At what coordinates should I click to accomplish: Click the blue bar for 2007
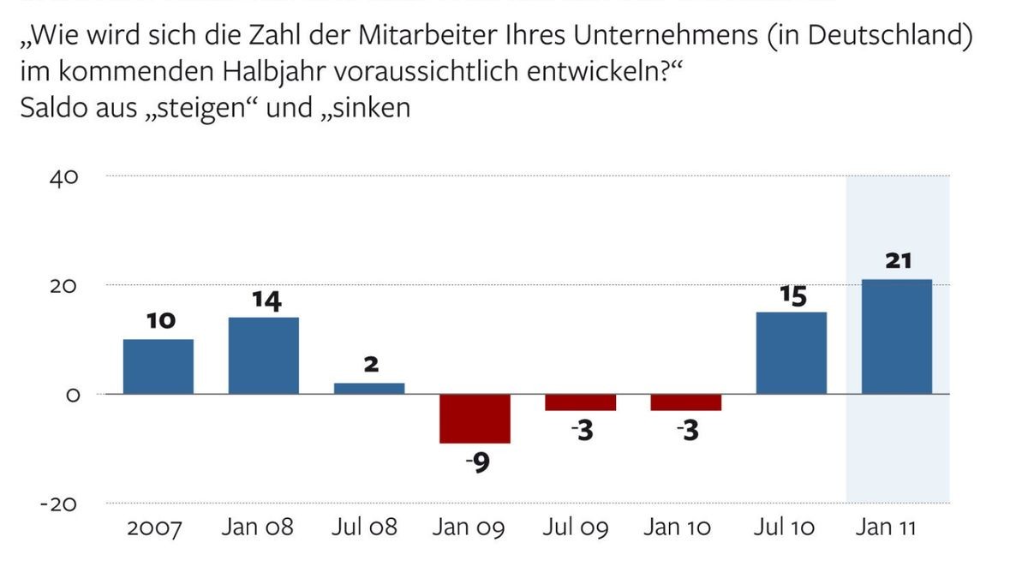coord(158,366)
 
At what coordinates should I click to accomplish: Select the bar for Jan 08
coord(264,355)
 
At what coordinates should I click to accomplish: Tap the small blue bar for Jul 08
coord(369,388)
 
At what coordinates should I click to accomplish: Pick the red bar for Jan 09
coord(475,419)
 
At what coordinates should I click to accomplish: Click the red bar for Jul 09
coord(580,402)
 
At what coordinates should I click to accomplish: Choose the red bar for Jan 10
coord(685,402)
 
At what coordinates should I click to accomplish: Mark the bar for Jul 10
coord(791,353)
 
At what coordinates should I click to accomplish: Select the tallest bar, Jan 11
coord(896,337)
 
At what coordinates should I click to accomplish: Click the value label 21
coord(897,261)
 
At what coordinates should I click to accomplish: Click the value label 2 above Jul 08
coord(370,364)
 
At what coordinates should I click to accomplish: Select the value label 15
coord(792,295)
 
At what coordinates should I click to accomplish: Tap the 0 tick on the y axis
coord(72,396)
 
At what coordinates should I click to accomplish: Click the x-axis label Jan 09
coord(469,527)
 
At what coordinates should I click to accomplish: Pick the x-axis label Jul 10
coord(784,527)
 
